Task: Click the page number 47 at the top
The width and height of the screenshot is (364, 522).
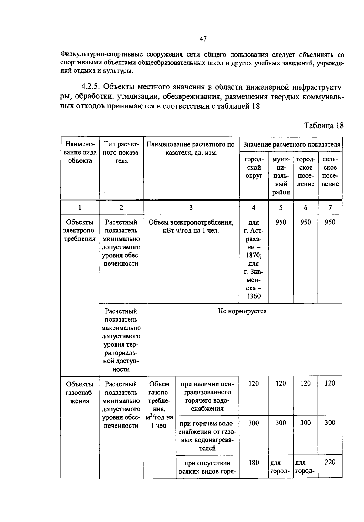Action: [203, 39]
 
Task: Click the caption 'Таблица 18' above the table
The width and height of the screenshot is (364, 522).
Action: [324, 126]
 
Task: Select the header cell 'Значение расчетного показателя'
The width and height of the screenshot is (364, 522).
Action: [291, 145]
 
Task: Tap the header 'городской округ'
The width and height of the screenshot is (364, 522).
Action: [254, 168]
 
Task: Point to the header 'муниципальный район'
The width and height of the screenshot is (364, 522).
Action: [281, 176]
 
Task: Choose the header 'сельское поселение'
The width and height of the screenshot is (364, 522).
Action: [330, 172]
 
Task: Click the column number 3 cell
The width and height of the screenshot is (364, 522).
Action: [191, 208]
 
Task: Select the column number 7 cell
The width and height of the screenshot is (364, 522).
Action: [330, 208]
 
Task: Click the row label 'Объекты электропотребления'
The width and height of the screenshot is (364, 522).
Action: [79, 230]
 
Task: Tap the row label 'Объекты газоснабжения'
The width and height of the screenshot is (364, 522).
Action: [79, 392]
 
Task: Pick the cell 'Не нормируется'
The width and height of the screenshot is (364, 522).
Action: [242, 311]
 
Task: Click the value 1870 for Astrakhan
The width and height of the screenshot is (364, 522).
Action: [254, 255]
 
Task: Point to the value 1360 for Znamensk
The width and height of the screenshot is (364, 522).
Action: [254, 296]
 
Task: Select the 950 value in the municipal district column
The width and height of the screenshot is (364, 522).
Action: [281, 222]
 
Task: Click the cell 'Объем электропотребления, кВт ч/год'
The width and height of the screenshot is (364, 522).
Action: [191, 226]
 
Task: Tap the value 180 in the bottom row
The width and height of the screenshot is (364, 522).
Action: [254, 462]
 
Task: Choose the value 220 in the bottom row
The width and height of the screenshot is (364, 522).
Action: [330, 462]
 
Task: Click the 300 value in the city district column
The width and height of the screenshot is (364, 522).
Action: [254, 423]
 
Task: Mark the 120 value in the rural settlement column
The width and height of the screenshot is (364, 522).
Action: [330, 383]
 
